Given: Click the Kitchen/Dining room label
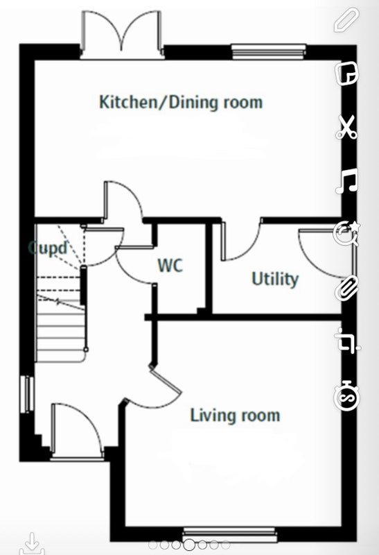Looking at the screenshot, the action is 181,102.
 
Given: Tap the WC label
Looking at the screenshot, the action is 170,266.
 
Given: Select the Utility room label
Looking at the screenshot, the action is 275,279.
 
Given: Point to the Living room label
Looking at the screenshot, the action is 235,415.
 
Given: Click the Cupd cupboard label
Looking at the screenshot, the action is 48,248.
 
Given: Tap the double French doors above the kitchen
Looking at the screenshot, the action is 123,34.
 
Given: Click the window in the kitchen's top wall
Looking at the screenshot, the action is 269,51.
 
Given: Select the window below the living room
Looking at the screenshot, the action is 229,534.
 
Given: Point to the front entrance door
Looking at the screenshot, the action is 77,432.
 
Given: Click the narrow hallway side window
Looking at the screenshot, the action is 27,394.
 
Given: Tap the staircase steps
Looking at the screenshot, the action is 61,318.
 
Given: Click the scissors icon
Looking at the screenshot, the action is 346,128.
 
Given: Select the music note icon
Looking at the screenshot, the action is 346,180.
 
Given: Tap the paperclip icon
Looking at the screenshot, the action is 347,289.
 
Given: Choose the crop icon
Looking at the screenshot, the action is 347,341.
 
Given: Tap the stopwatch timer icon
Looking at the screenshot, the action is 347,395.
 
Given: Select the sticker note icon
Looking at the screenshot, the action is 347,74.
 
